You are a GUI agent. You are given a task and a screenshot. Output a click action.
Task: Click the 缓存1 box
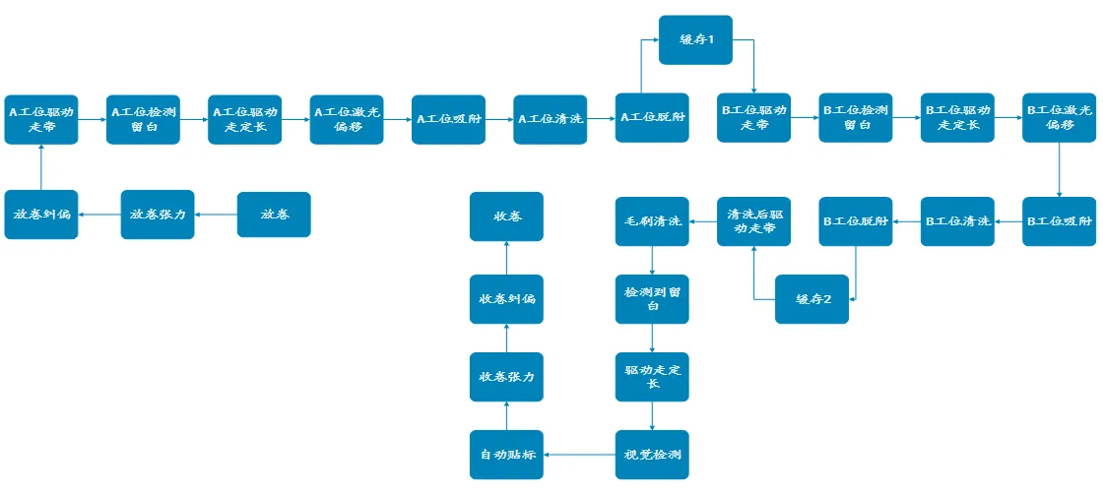click(x=695, y=40)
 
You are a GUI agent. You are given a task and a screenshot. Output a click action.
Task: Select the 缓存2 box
click(x=811, y=299)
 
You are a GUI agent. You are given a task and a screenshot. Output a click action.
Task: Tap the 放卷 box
click(x=274, y=215)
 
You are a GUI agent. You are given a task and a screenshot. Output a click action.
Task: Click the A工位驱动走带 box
click(x=41, y=119)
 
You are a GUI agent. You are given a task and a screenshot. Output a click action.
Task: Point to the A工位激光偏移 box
click(x=347, y=119)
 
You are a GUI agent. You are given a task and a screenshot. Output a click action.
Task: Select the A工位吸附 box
click(x=448, y=119)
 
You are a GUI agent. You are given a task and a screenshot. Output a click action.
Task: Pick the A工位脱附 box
click(x=652, y=119)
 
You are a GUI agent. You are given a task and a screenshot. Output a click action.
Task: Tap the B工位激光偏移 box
click(x=1059, y=118)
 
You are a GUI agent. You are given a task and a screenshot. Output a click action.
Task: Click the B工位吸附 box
click(x=1059, y=221)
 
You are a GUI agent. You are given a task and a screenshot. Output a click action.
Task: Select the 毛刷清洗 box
click(x=652, y=221)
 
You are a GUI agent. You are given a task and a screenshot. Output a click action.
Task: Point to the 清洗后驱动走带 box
click(x=753, y=221)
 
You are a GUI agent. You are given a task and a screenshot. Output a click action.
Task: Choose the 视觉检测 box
click(x=652, y=455)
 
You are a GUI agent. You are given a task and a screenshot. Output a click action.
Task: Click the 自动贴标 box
click(x=506, y=455)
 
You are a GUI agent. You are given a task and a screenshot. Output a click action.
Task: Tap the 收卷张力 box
click(x=506, y=377)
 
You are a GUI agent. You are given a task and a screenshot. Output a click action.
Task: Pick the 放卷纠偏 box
click(x=41, y=215)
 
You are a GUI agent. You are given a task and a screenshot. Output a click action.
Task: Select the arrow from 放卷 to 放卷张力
click(x=217, y=215)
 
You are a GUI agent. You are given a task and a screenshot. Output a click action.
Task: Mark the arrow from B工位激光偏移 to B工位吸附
click(x=1059, y=170)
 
